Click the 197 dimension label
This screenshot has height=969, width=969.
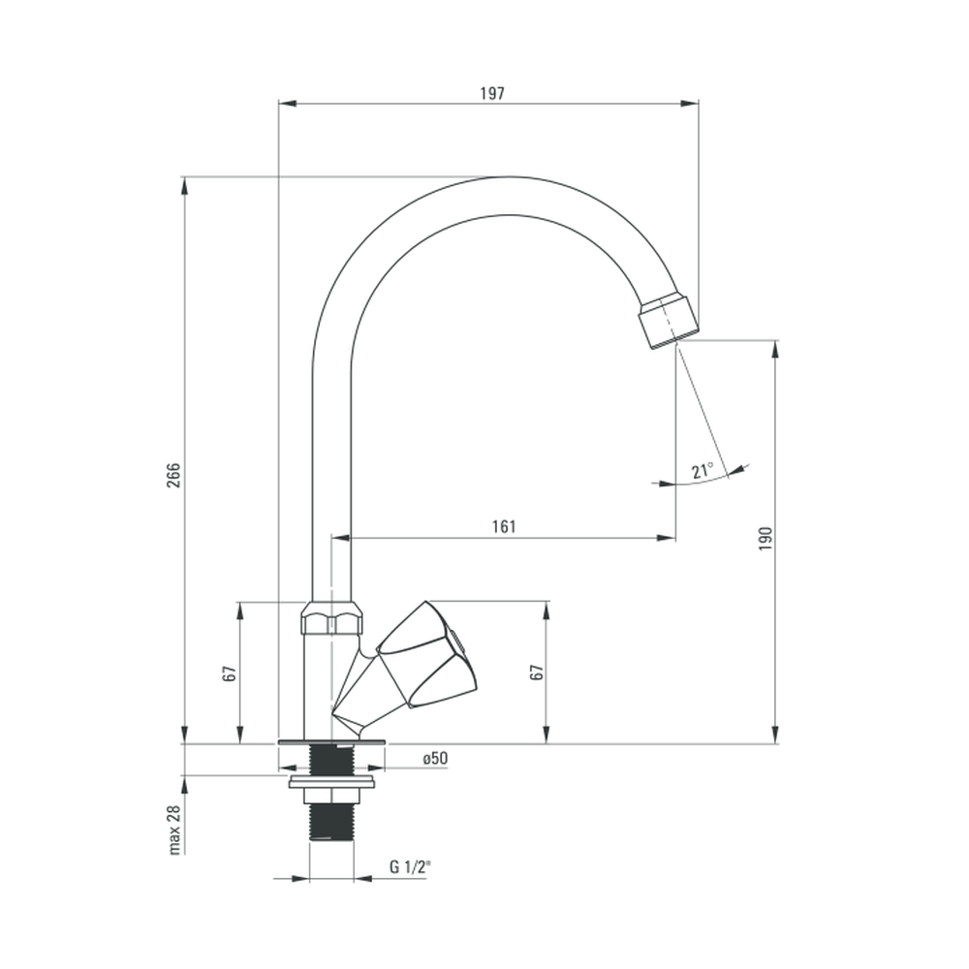pyautogui.click(x=492, y=93)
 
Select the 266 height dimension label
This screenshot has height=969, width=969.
pyautogui.click(x=173, y=475)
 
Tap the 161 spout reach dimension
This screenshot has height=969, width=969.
pyautogui.click(x=504, y=526)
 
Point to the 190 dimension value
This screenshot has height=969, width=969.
pyautogui.click(x=766, y=539)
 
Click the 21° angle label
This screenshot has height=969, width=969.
pyautogui.click(x=703, y=471)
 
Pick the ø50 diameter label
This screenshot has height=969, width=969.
pyautogui.click(x=436, y=759)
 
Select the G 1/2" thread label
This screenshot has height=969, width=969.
pyautogui.click(x=410, y=866)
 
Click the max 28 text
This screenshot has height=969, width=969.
pyautogui.click(x=174, y=829)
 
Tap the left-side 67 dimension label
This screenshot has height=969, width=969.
pyautogui.click(x=230, y=673)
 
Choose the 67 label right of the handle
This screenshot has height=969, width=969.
pyautogui.click(x=538, y=672)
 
